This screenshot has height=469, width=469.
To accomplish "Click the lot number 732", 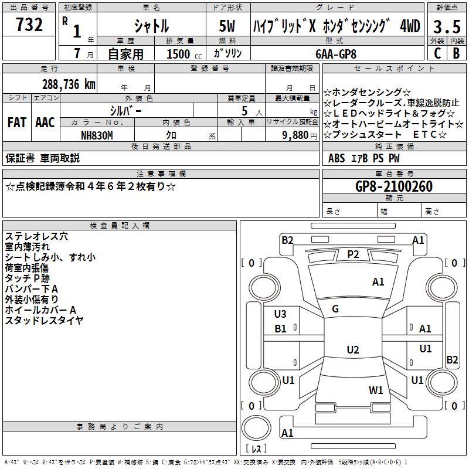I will pos(29,25).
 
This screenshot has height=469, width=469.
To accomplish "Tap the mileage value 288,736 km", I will pos(69,84).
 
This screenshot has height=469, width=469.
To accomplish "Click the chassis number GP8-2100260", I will pos(394,186).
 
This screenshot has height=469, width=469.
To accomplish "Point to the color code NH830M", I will pos(97,135).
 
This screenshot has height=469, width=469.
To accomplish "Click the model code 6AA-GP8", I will pos(335,53).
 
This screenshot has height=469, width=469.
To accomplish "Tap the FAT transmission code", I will pos(16,123).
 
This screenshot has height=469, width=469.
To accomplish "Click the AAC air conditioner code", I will pos(45,123).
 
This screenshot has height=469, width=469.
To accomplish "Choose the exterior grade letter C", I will pos(437,53).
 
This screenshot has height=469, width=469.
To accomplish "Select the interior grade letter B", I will pos(457,53).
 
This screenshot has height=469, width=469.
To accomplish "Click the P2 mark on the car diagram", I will pos(353,254).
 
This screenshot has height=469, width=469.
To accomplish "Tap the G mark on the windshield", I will pos(335,309).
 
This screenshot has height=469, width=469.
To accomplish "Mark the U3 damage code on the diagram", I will pos(280,314).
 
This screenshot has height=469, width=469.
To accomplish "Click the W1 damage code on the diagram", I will pos(376,390).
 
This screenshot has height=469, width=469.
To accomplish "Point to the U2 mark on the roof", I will pos(352,350).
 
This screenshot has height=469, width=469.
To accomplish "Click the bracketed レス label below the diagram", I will pos(256,449).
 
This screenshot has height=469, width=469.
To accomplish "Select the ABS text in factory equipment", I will pos(337,158).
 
